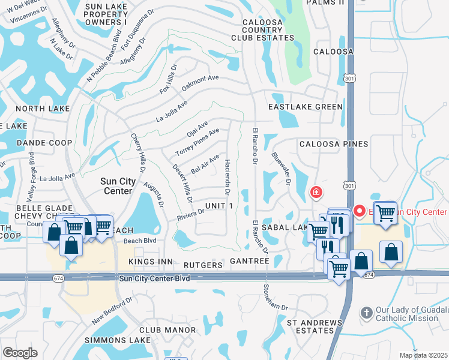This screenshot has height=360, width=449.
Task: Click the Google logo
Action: coord(20,352)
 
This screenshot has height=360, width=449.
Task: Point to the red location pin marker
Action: coord(360,211)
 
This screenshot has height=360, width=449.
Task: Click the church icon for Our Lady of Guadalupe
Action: coord(367,313)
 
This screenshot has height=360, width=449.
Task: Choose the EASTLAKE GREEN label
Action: coord(305,107)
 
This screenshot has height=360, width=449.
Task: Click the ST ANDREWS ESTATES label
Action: coord(314,326)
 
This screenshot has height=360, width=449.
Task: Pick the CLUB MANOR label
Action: coord(167,330)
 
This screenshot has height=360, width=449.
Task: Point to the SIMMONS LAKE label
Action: coord(117,340)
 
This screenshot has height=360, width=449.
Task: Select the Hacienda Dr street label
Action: coord(228,178)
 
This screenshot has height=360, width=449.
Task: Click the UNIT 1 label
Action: coord(218,206)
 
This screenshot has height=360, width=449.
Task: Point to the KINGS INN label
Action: coord(151,263)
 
